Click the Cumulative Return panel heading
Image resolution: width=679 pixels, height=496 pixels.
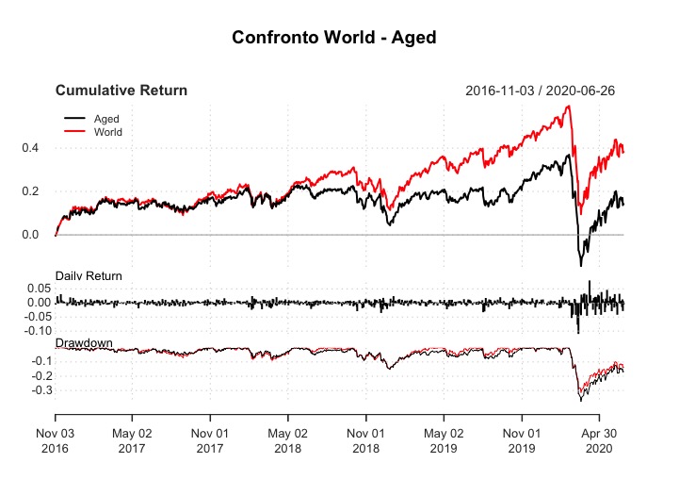tap(121, 91)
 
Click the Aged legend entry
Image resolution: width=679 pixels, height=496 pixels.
tap(106, 119)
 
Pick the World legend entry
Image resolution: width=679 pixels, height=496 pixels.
tap(108, 131)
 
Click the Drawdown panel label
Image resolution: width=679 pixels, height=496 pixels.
tap(83, 340)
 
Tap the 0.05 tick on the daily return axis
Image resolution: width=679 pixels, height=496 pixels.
tap(35, 288)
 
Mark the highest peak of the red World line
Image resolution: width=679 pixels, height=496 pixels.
tap(568, 106)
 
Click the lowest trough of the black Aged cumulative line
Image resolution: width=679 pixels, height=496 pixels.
tap(581, 265)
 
